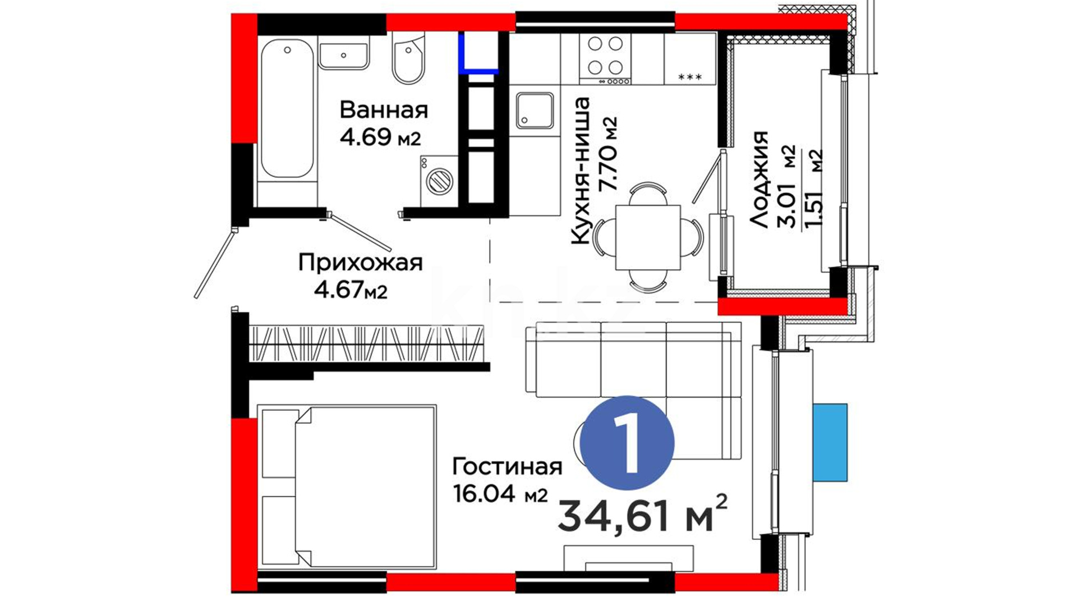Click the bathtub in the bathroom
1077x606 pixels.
[x=287, y=108]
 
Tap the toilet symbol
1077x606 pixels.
[x=408, y=58]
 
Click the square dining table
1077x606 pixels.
[x=648, y=237]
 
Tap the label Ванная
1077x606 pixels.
[x=384, y=110]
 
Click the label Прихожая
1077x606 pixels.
[x=360, y=263]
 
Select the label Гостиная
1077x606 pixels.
[x=507, y=466]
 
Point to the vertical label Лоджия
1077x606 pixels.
[x=758, y=179]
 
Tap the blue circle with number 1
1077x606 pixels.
[x=627, y=442]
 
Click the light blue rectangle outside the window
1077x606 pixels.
[x=830, y=442]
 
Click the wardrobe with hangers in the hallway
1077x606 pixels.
[x=366, y=343]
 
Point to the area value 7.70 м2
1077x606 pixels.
[x=608, y=154]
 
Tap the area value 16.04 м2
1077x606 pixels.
[x=500, y=494]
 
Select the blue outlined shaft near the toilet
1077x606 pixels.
[x=478, y=53]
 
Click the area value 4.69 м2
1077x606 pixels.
[x=380, y=137]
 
